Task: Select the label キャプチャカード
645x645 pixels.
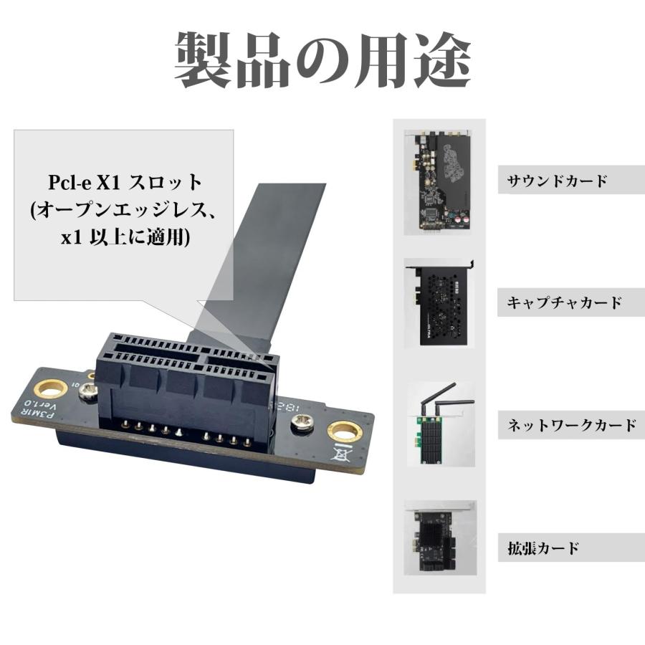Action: pos(565,302)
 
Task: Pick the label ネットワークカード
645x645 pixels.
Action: pos(571,425)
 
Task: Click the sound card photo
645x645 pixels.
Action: pos(439,182)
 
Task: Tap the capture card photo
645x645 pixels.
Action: pos(439,304)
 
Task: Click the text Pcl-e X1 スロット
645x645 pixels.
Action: pos(126,181)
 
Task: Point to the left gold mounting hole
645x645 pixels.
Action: pos(51,389)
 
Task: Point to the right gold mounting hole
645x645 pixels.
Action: pos(344,432)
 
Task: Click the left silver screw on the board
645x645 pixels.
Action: pos(89,391)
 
